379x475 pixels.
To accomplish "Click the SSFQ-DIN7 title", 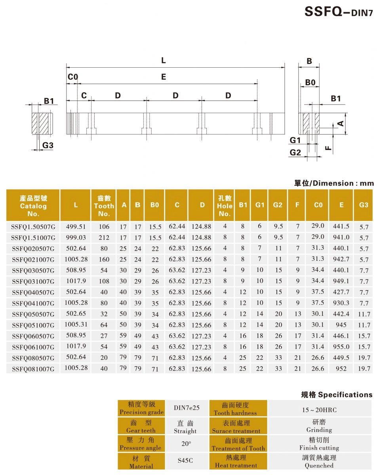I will coord(339,12).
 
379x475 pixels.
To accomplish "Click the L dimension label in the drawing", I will coord(163,61).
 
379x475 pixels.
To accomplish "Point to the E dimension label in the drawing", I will coord(163,77).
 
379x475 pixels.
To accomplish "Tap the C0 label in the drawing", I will coord(72,77).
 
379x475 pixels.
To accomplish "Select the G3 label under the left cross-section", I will coord(48,146).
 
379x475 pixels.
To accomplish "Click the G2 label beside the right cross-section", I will coord(295,152).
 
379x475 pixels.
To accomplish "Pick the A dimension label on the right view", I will coord(340,123).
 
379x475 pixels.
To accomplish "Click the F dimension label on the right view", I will coord(328,148).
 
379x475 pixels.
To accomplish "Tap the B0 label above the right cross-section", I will coord(310,83).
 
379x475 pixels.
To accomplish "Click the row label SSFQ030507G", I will coord(33,271).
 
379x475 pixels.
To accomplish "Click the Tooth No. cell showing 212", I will coord(104,238).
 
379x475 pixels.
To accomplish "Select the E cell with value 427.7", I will coord(341,292).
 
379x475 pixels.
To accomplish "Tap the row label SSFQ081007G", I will coord(33,369).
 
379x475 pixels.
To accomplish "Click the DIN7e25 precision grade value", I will coord(186,408).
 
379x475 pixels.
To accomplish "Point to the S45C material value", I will coord(185,461).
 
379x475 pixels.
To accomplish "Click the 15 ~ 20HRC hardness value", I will coord(319,410).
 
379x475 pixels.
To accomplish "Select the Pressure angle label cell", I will coord(141,444).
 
